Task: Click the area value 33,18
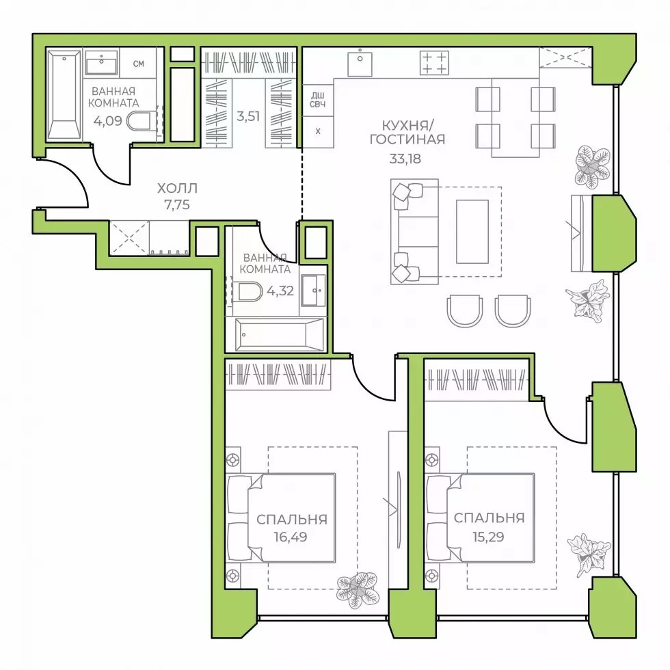405,159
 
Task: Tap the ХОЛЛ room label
177,188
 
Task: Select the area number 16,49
291,537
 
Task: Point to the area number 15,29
488,537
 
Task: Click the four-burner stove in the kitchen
434,63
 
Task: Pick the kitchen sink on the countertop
360,63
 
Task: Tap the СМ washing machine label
138,64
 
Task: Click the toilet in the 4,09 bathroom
139,121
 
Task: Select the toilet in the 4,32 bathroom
250,292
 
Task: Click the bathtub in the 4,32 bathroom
275,334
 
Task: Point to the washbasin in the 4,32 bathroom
314,291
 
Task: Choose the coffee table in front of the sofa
472,232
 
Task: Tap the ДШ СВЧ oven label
317,100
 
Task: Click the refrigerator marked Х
317,132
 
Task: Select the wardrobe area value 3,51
248,116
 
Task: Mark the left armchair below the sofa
464,311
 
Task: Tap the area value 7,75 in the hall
177,204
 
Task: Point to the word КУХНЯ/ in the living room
405,126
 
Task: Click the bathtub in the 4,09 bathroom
64,95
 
